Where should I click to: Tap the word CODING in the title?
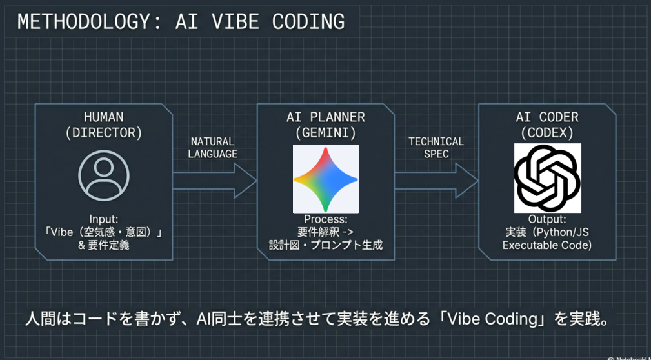[x=308, y=21]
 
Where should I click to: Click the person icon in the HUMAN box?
[x=103, y=175]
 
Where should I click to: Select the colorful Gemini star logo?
[x=325, y=179]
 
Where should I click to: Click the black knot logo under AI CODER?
[x=547, y=178]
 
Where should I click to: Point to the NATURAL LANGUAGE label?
[x=212, y=148]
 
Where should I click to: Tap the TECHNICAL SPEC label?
[x=436, y=148]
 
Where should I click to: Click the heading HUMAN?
[x=103, y=117]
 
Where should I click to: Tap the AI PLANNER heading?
[x=326, y=117]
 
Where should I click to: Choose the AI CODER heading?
[x=547, y=117]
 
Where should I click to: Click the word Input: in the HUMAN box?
[x=103, y=219]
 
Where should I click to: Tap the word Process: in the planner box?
[x=326, y=219]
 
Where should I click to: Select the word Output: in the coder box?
[x=547, y=219]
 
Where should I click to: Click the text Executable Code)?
[x=547, y=245]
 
